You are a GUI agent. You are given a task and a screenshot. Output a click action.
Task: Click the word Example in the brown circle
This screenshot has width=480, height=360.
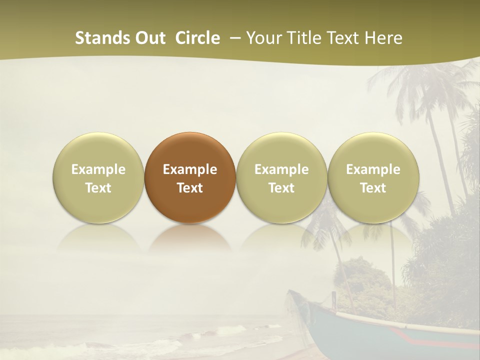tap(190, 169)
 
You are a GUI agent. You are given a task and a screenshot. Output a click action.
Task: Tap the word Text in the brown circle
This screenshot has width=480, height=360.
tap(190, 188)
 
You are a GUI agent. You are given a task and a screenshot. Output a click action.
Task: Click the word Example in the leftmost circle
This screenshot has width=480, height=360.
tap(98, 169)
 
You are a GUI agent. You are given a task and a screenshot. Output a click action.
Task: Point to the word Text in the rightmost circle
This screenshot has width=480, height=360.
tap(373, 188)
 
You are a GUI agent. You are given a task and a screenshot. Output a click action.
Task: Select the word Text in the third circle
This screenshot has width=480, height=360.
tap(281, 188)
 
